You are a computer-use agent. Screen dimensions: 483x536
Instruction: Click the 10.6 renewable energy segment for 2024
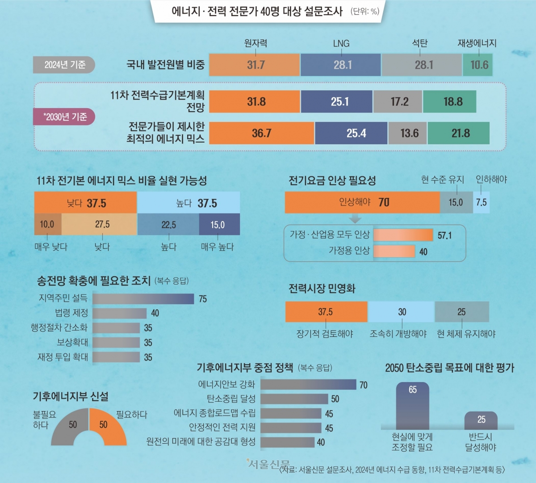pyautogui.click(x=477, y=65)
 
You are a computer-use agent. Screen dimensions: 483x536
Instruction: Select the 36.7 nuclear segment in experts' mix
pyautogui.click(x=261, y=133)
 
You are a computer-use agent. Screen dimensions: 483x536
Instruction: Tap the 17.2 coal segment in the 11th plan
pyautogui.click(x=398, y=101)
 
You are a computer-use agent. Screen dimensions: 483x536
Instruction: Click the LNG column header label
pyautogui.click(x=341, y=43)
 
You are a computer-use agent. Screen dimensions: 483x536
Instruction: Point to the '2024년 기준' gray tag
pyautogui.click(x=64, y=65)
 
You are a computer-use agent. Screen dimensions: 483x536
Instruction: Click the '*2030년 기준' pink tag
pyautogui.click(x=65, y=117)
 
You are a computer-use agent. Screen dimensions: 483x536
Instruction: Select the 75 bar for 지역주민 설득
pyautogui.click(x=143, y=298)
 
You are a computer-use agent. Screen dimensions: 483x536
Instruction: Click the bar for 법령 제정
pyautogui.click(x=119, y=313)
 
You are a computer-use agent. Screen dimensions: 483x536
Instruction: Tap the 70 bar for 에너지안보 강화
pyautogui.click(x=308, y=385)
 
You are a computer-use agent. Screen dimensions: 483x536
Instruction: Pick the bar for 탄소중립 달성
pyautogui.click(x=294, y=399)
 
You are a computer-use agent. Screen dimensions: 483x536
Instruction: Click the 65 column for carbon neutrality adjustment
pyautogui.click(x=412, y=406)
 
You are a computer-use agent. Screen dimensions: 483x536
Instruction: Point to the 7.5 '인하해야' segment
pyautogui.click(x=481, y=202)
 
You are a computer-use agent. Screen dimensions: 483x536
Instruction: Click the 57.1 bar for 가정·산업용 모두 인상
pyautogui.click(x=403, y=235)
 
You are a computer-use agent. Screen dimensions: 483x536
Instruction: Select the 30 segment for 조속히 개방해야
pyautogui.click(x=401, y=312)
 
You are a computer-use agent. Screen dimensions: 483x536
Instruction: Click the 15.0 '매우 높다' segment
pyautogui.click(x=219, y=224)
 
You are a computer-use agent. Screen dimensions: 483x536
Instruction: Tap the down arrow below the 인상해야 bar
pyautogui.click(x=355, y=219)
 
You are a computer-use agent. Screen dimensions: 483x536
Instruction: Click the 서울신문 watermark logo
pyautogui.click(x=268, y=464)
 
